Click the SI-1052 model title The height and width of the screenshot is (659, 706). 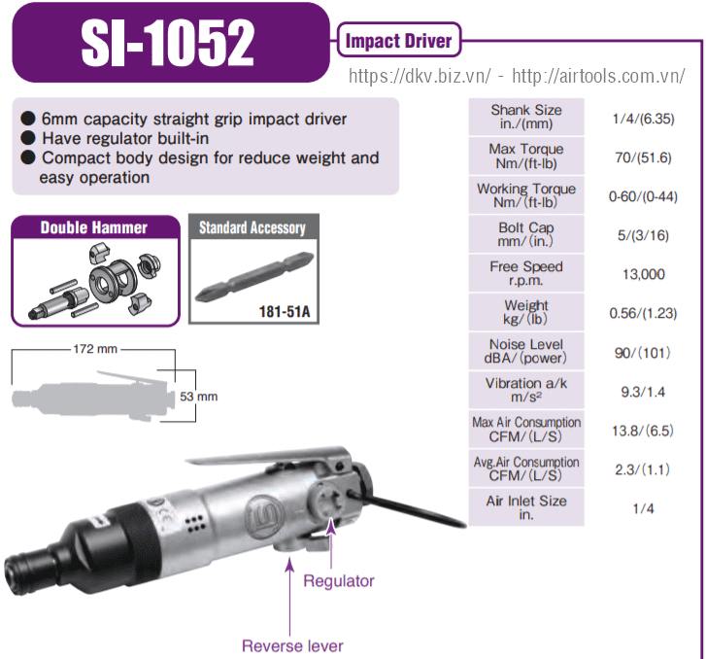click(x=168, y=44)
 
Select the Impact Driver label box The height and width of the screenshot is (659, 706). click(x=399, y=40)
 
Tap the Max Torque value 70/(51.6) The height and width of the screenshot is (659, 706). click(x=643, y=157)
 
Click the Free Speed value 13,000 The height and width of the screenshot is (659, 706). click(x=644, y=274)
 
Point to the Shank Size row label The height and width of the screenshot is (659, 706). click(x=526, y=117)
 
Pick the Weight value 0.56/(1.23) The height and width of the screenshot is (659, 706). click(x=643, y=313)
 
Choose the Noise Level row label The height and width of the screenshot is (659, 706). click(x=526, y=351)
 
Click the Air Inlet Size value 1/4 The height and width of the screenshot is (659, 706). click(x=643, y=509)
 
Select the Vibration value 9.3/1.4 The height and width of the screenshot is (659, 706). click(x=643, y=392)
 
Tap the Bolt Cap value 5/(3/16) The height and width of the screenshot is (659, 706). click(x=643, y=235)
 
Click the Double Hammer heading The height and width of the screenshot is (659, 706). click(x=93, y=227)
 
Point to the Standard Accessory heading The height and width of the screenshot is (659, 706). click(x=252, y=227)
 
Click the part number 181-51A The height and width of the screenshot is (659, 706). click(x=285, y=311)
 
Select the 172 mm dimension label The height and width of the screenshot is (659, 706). click(x=95, y=349)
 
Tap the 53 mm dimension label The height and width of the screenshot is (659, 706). click(x=198, y=397)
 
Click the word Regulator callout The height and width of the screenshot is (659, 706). click(x=339, y=581)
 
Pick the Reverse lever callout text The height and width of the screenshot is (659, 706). click(x=292, y=646)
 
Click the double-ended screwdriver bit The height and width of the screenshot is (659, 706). click(x=254, y=276)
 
